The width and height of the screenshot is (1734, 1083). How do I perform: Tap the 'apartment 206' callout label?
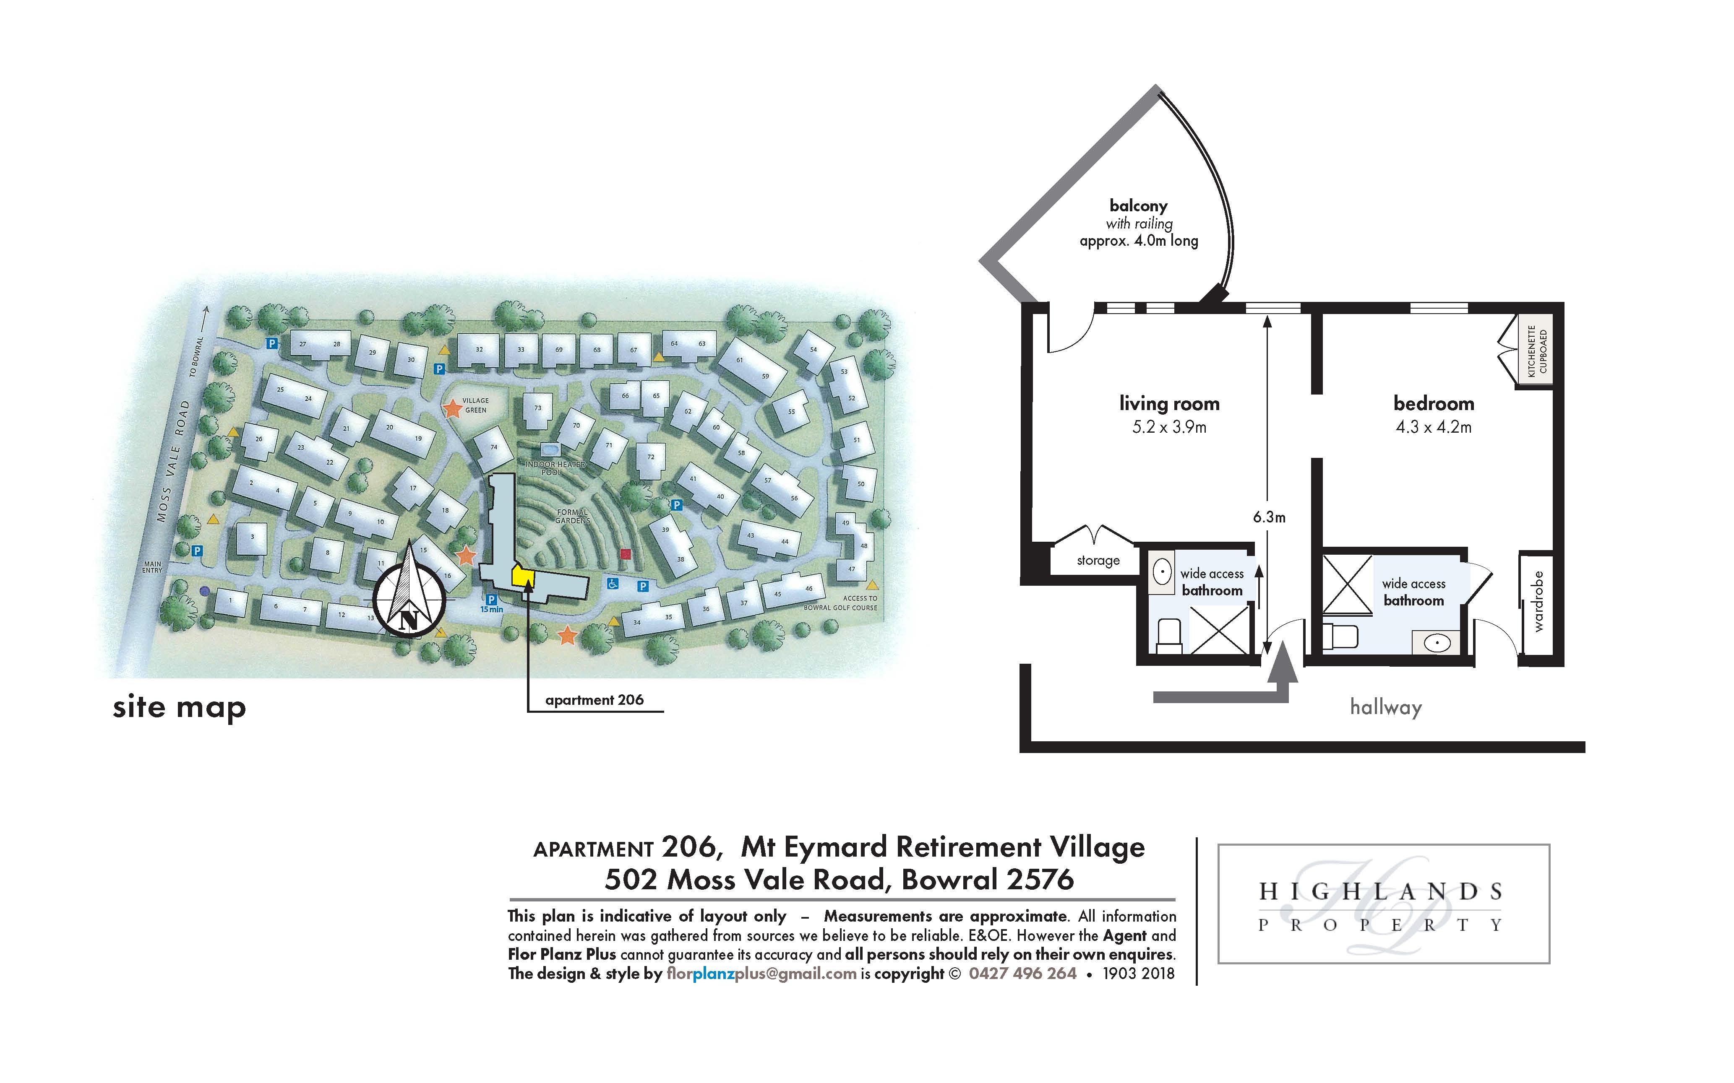[x=594, y=700]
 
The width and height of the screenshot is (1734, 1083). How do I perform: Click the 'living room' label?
[x=1169, y=403]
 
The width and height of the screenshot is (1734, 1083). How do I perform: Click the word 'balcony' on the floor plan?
[x=1139, y=205]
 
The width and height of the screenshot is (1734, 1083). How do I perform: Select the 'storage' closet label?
[x=1098, y=560]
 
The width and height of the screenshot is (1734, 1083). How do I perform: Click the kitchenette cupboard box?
[x=1537, y=351]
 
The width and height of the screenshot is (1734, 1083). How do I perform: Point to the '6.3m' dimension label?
[x=1269, y=517]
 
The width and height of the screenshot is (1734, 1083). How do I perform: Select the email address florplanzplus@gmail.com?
[x=761, y=974]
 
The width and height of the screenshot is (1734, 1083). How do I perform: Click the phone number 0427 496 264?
[x=1022, y=974]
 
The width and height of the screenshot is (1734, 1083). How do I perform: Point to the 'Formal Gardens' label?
[x=572, y=516]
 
